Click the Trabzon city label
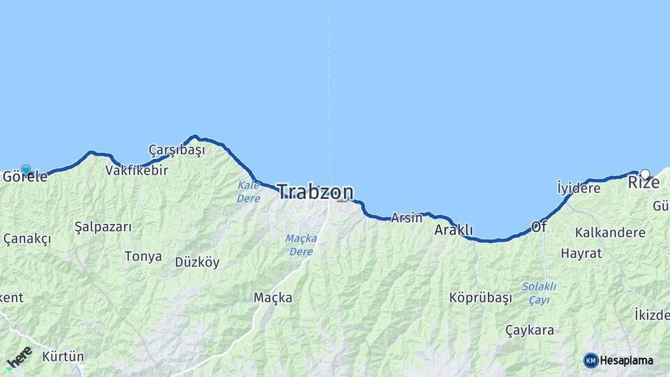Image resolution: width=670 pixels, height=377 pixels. pos(315,192)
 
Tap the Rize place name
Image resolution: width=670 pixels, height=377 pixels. pos(643,183)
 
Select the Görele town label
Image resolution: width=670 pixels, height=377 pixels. pos(25,177)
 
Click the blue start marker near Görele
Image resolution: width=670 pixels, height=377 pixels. pos(26,170)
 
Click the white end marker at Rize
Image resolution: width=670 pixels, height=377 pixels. pos(645,174)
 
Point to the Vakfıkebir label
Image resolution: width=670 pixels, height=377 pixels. pos(137,170)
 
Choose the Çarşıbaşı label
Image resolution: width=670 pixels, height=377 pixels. pos(177,150)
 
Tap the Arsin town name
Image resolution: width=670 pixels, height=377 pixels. pos(406,218)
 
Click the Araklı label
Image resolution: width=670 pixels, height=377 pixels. pos(454,230)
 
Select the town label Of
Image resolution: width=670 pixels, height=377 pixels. pos(539,227)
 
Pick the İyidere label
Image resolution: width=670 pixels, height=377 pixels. pos(579,188)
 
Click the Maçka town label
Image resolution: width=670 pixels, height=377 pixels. pos(273,298)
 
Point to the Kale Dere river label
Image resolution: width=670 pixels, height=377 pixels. pos(248,192)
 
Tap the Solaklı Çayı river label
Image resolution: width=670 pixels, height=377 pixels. pos(539,293)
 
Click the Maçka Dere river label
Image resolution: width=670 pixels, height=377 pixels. pos(301,244)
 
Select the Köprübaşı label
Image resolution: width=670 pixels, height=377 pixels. pos(481,297)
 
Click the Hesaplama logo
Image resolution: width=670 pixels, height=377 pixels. pos(618,360)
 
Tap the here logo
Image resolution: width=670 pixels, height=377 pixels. pos(19,357)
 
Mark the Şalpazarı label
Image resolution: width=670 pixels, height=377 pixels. pos(103,227)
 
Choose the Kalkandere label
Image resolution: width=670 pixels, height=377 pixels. pos(610,232)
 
